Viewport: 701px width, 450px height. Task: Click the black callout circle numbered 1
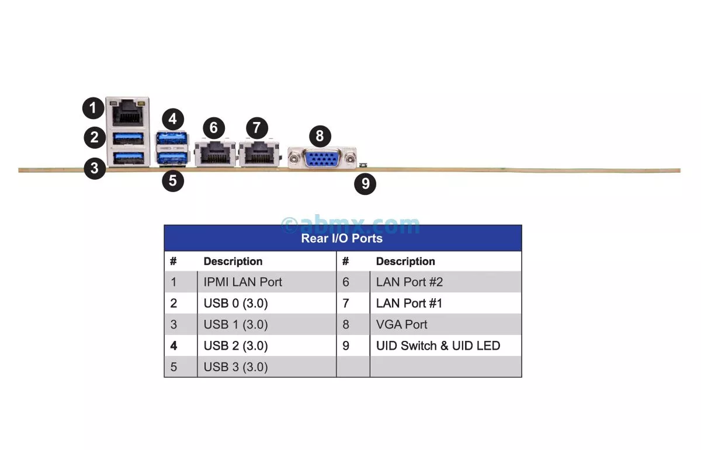pyautogui.click(x=93, y=108)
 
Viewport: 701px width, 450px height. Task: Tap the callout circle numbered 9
pyautogui.click(x=365, y=184)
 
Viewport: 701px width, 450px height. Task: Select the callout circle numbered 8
pyautogui.click(x=320, y=136)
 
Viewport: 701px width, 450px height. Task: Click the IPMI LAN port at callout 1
pyautogui.click(x=128, y=112)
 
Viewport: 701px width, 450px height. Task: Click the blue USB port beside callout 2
pyautogui.click(x=128, y=139)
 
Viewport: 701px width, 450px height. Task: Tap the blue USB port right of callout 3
pyautogui.click(x=128, y=158)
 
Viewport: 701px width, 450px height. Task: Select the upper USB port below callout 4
pyautogui.click(x=172, y=139)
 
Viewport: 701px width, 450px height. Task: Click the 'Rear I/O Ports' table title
pyautogui.click(x=342, y=238)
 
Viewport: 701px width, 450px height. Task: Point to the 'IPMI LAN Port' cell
pyautogui.click(x=243, y=282)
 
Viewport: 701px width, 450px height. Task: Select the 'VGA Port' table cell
pyautogui.click(x=402, y=325)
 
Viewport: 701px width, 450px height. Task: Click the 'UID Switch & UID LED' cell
pyautogui.click(x=438, y=346)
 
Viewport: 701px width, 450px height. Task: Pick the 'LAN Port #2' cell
pyautogui.click(x=410, y=282)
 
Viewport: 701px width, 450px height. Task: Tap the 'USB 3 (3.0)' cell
pyautogui.click(x=236, y=367)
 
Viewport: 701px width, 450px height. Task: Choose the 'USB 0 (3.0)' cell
pyautogui.click(x=236, y=304)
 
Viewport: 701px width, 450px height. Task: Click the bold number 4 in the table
pyautogui.click(x=173, y=346)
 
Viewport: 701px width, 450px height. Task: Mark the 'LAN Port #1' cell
pyautogui.click(x=410, y=304)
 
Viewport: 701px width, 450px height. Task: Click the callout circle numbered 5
pyautogui.click(x=172, y=180)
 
